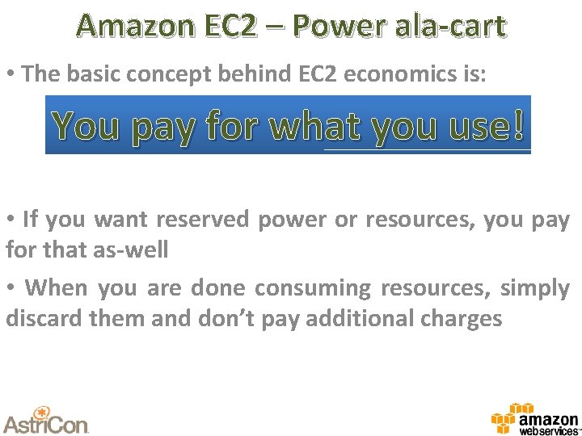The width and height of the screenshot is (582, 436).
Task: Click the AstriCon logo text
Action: click(45, 423)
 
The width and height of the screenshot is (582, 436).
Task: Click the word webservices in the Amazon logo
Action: click(547, 431)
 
